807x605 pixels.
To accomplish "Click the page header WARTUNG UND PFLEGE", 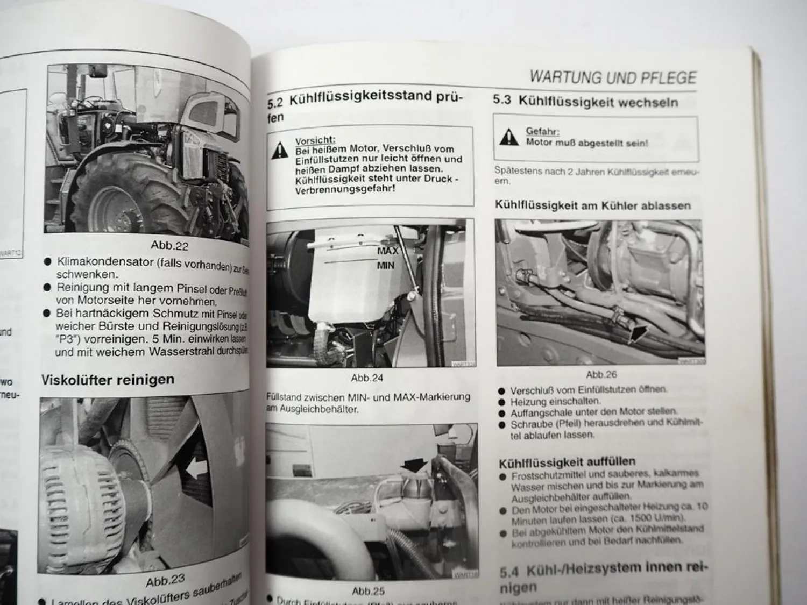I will [613, 77].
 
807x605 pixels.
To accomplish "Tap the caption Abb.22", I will [169, 245].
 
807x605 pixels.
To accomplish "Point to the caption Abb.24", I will [367, 378].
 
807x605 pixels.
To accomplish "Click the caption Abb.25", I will [368, 591].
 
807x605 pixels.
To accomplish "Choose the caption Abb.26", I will [601, 374].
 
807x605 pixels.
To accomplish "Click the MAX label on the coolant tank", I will [387, 251].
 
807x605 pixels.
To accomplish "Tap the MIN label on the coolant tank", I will [385, 265].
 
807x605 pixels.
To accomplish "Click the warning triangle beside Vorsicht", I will [280, 150].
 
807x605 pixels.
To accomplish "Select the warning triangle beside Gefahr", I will [508, 138].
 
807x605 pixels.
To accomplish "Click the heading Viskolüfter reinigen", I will [108, 379].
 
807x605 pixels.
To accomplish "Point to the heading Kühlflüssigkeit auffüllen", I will [567, 461].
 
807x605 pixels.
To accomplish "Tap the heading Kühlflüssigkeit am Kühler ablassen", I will [592, 205].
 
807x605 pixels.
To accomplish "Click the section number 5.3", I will [502, 101].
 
